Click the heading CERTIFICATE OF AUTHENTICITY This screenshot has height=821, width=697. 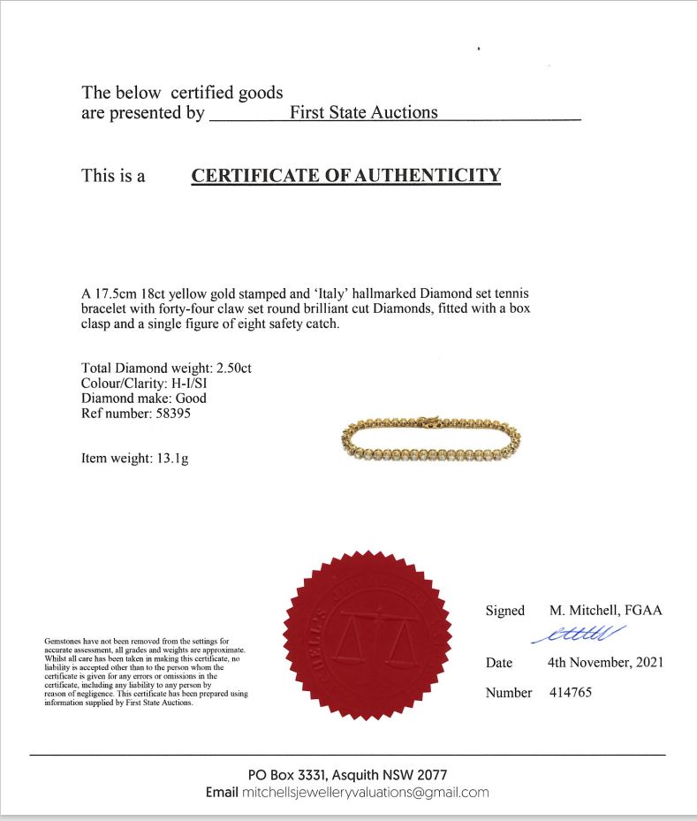[345, 175]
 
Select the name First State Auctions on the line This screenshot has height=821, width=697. [363, 112]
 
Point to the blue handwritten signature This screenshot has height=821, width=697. [579, 634]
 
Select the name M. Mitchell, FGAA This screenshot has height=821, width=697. [605, 610]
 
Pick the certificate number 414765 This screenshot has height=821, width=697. [570, 692]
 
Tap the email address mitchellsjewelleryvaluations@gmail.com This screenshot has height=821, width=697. [365, 793]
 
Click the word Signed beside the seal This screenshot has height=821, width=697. [505, 610]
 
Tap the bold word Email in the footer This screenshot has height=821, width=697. [222, 793]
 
